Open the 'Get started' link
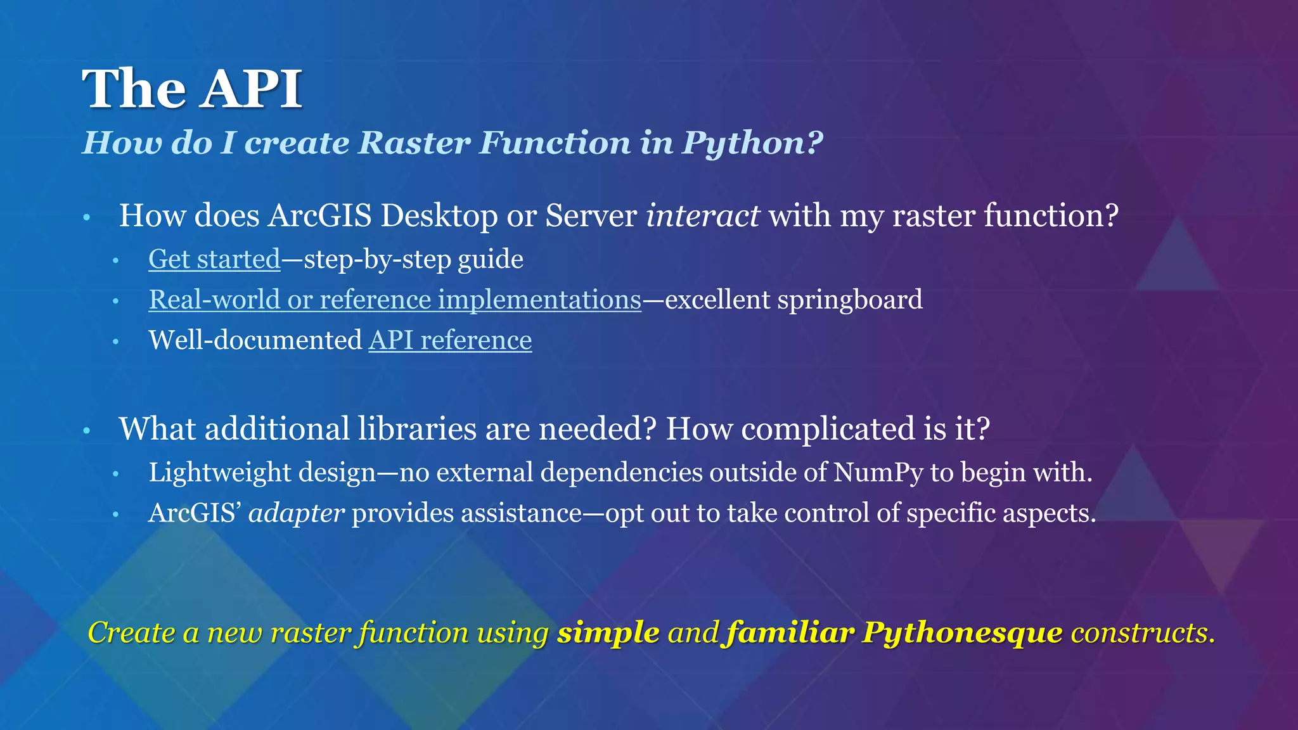click(214, 259)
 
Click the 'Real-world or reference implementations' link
click(395, 300)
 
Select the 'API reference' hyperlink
click(450, 340)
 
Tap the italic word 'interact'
click(702, 215)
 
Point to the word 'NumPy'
click(878, 473)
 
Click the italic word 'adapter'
click(297, 513)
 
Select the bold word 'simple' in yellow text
click(608, 632)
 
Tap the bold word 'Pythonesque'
click(962, 632)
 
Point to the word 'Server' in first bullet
click(591, 215)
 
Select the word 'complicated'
click(828, 429)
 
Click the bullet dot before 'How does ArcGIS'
click(87, 219)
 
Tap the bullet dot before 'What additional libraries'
click(87, 432)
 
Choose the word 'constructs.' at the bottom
click(1143, 632)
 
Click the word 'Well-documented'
click(255, 340)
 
